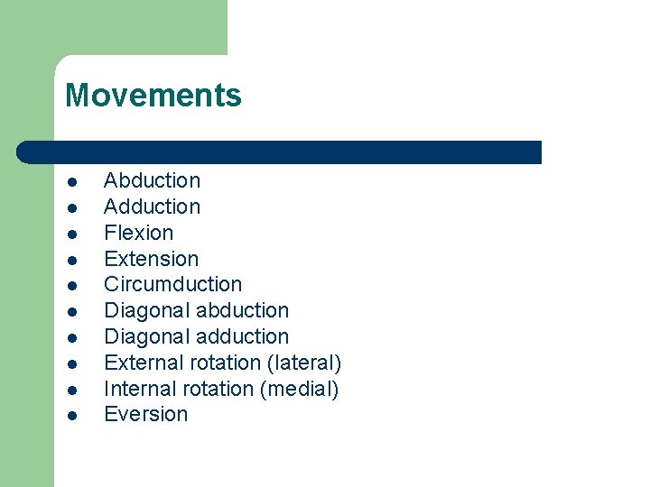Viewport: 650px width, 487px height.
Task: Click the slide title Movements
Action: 153,95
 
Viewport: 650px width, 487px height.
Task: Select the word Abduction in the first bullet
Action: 152,180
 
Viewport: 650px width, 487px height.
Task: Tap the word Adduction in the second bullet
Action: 152,207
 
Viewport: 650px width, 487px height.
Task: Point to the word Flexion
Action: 138,233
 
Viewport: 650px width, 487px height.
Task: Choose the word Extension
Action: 151,259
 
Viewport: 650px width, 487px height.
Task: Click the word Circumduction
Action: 172,284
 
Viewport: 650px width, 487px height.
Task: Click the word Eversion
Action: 145,415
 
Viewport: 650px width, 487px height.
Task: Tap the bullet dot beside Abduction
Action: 70,181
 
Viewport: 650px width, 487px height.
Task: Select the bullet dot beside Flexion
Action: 70,234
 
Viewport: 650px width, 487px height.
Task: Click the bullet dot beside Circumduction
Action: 70,285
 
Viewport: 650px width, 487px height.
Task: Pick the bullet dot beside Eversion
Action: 70,416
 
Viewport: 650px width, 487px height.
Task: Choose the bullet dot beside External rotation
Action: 70,363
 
